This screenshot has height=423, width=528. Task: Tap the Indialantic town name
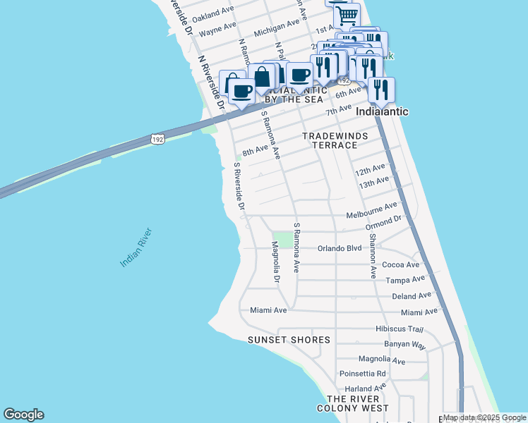[382, 111]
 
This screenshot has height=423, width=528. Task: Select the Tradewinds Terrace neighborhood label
[330, 140]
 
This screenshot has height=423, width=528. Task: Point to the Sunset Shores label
[289, 340]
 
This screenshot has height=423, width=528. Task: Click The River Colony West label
[352, 402]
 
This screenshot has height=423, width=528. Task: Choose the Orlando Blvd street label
[340, 248]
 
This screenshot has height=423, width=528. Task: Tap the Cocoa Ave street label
[400, 265]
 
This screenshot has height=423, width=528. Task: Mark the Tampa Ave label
[404, 281]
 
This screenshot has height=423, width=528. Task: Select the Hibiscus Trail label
[399, 329]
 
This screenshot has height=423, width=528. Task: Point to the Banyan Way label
[405, 345]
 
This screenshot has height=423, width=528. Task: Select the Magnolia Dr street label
[276, 263]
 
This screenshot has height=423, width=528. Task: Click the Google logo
[23, 415]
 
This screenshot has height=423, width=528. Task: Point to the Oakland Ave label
[212, 13]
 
